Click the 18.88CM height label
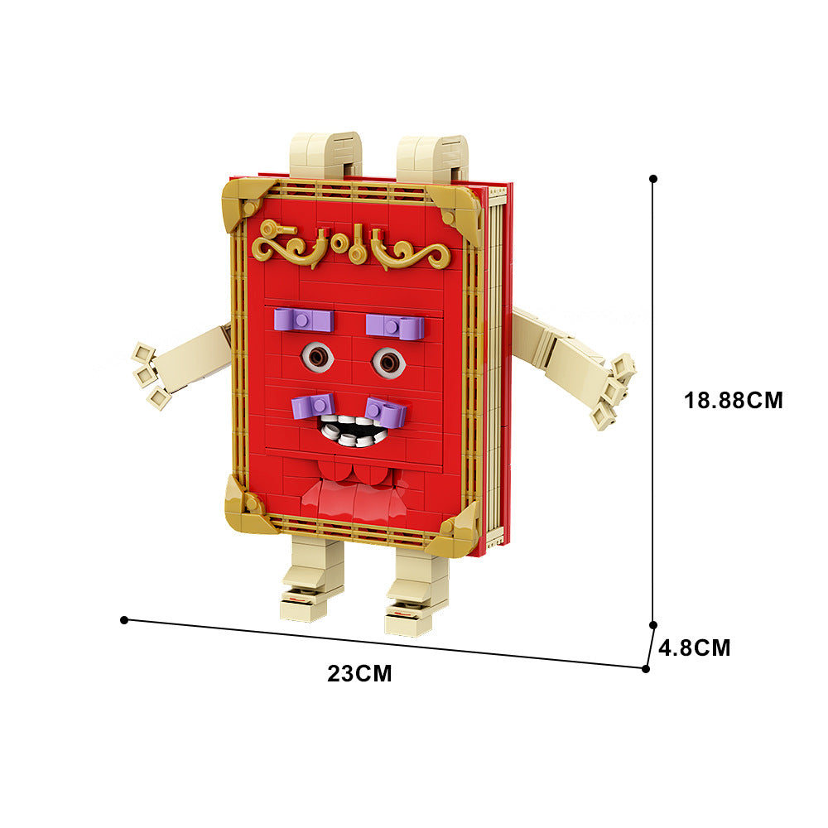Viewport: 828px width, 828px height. point(733,400)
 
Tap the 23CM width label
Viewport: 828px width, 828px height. point(359,673)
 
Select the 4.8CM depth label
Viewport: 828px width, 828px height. point(695,647)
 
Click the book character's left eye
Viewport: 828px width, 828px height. point(317,356)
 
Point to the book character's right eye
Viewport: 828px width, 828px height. point(388,363)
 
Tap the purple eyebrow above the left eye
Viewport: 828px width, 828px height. point(304,320)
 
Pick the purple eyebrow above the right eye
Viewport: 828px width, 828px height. point(395,326)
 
